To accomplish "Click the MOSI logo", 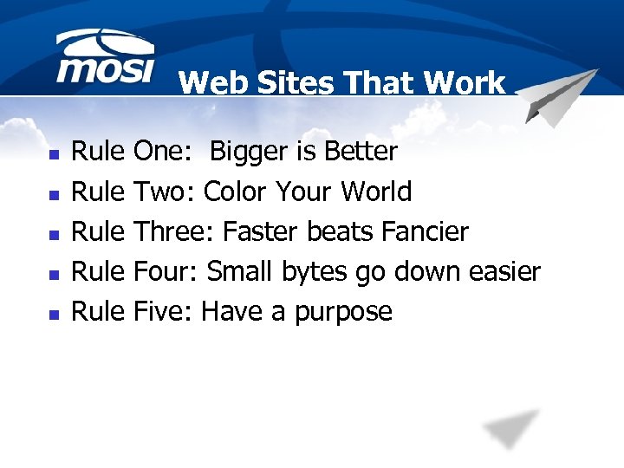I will [x=105, y=59].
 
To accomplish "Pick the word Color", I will [x=236, y=192].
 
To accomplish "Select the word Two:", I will [x=166, y=192].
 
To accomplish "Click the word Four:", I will [x=167, y=271].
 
